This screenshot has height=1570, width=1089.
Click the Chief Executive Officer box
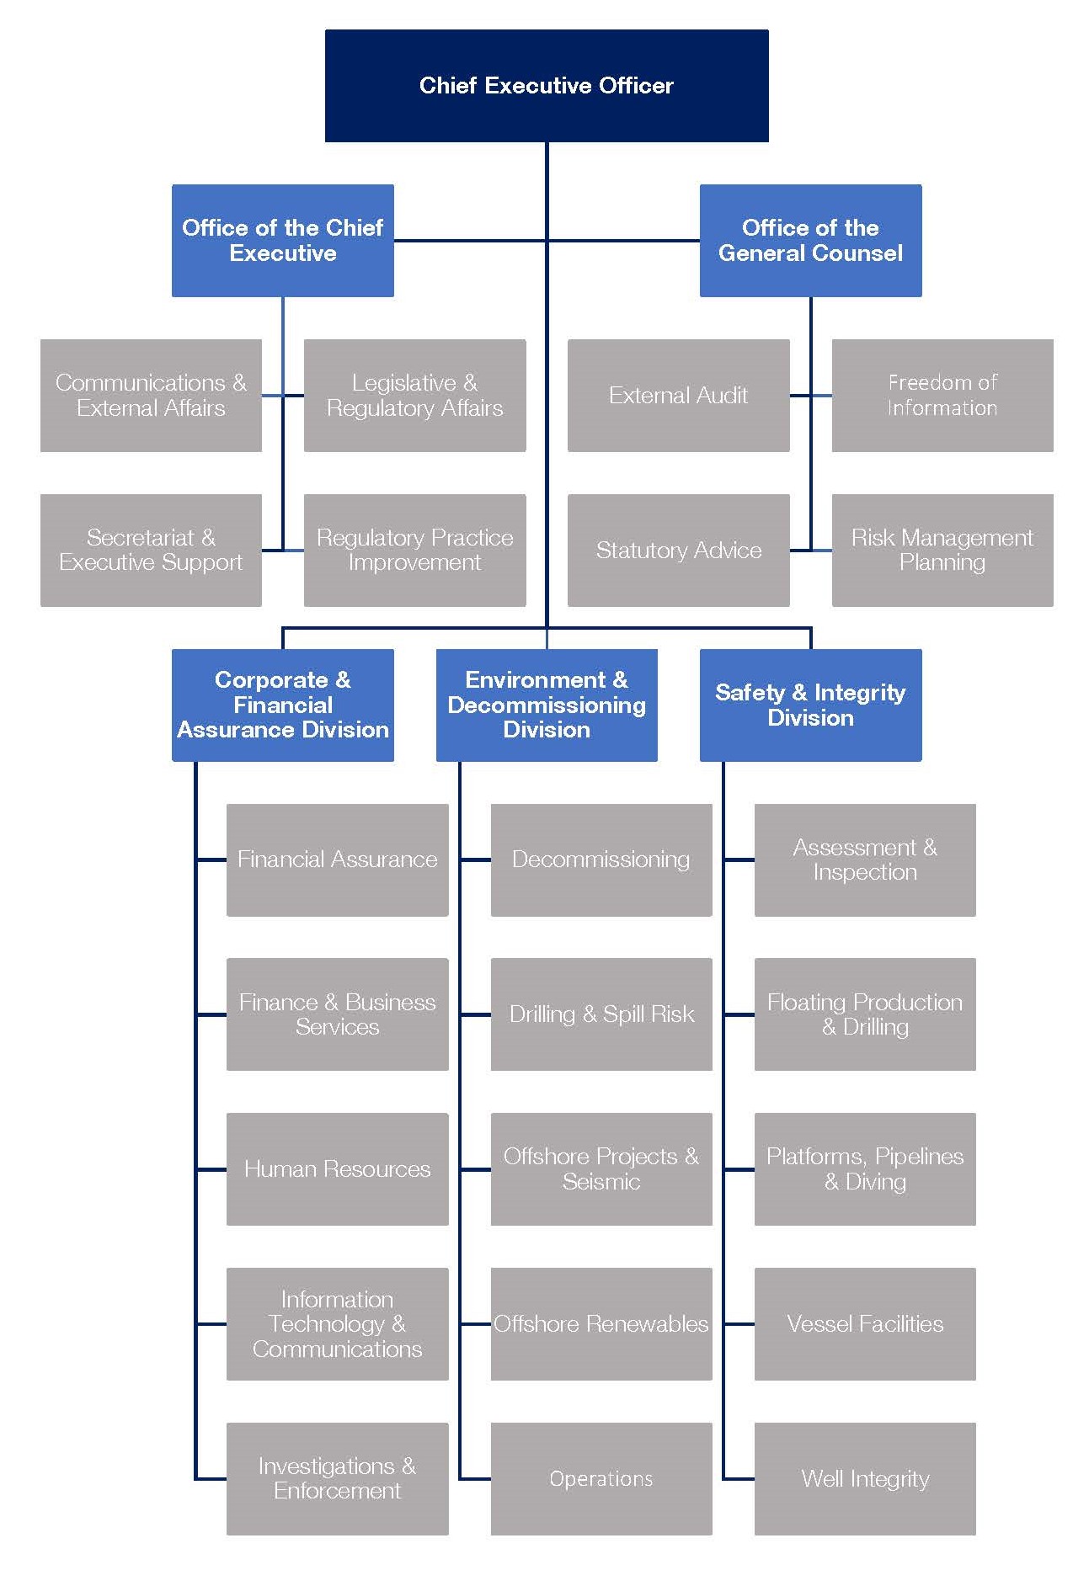tap(546, 85)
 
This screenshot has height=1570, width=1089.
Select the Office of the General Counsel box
tap(810, 240)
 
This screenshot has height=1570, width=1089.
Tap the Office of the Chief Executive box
tap(282, 240)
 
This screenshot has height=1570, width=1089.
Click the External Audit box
tap(678, 395)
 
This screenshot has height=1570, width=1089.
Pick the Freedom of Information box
tap(942, 395)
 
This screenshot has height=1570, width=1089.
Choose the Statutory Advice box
tap(678, 550)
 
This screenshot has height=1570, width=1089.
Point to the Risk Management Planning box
tap(942, 550)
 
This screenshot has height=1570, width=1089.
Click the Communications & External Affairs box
tap(151, 395)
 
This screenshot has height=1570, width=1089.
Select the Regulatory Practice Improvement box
tap(414, 550)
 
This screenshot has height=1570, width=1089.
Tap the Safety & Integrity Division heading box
tap(810, 705)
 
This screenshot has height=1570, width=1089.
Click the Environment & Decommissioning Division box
tap(546, 705)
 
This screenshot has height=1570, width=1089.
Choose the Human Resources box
tap(337, 1168)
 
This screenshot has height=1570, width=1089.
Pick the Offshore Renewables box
tap(601, 1323)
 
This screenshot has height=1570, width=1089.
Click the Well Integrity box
tap(865, 1478)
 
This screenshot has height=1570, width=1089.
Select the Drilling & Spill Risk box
tap(601, 1014)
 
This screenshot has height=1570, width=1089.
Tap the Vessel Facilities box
tap(865, 1323)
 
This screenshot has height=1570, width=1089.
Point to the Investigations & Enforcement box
tap(337, 1478)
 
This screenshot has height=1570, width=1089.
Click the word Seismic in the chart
tap(601, 1182)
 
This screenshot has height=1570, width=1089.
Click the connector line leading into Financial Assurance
tap(211, 860)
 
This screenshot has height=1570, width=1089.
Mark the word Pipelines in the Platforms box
tap(919, 1156)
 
